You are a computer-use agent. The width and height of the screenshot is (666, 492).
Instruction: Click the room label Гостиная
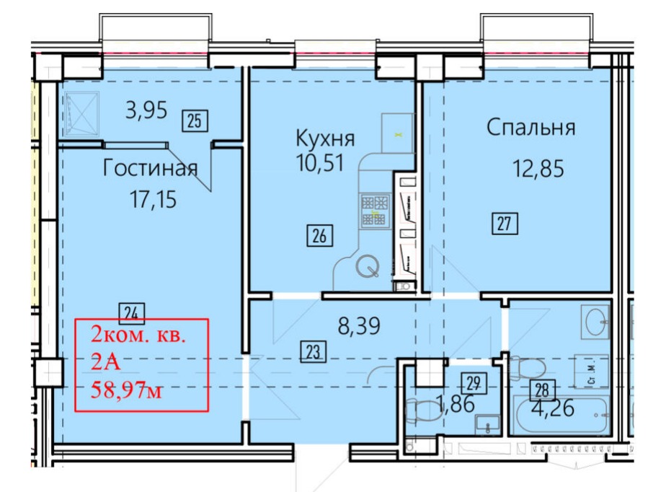(151, 168)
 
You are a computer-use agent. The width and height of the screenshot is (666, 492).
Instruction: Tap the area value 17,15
(153, 199)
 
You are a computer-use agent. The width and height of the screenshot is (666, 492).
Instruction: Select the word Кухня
(325, 139)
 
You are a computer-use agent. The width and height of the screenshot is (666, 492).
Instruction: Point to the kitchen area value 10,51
(320, 163)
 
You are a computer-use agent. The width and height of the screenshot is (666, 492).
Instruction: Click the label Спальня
(531, 127)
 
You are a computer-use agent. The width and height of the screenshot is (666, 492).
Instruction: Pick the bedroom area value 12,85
(538, 168)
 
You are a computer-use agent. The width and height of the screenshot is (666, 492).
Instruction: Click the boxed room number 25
(195, 120)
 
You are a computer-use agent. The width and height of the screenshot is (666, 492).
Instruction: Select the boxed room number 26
(320, 235)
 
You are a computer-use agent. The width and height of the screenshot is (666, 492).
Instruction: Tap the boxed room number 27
(505, 223)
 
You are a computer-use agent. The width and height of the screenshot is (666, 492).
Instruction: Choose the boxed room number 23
(313, 351)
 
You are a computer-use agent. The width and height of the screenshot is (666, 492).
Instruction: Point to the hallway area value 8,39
(359, 327)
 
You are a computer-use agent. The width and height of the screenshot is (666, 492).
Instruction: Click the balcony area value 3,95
(146, 110)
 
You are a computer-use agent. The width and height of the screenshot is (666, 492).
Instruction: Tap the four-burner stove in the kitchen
(375, 210)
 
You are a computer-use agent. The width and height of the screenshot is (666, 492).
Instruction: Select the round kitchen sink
(367, 266)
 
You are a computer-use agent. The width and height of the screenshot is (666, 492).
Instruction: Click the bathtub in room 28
(561, 414)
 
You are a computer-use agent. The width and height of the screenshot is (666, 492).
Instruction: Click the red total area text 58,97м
(126, 390)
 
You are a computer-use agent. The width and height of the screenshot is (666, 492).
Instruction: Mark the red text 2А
(106, 363)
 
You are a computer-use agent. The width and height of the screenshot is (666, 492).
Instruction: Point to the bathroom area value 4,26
(553, 408)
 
